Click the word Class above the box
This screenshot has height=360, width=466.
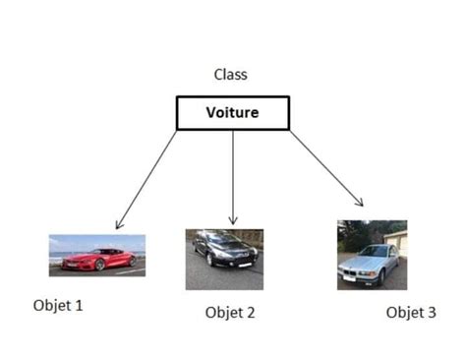(x=232, y=74)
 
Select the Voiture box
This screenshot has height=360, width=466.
(x=233, y=112)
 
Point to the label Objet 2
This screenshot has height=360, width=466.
(x=230, y=313)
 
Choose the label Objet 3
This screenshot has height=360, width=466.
(x=410, y=313)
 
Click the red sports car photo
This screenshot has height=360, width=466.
(x=97, y=255)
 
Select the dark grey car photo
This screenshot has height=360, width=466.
(x=224, y=259)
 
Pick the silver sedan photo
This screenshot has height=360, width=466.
(x=372, y=254)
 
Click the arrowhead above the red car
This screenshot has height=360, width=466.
(x=118, y=224)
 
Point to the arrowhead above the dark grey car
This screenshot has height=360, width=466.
(x=233, y=219)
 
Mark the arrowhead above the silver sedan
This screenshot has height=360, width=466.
(x=360, y=202)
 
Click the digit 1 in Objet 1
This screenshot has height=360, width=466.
(x=79, y=305)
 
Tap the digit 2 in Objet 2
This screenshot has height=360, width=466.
(x=251, y=313)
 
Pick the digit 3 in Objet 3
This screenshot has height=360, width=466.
(x=431, y=313)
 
